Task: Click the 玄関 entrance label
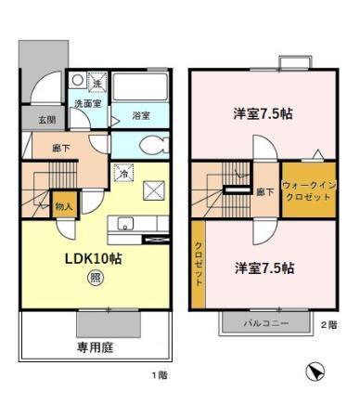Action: [46, 120]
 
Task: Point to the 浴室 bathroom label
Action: [141, 115]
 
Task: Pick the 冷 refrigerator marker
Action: [122, 173]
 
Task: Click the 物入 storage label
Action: [63, 206]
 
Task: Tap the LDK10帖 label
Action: [93, 258]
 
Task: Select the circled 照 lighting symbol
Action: [95, 277]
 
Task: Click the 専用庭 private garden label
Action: [94, 349]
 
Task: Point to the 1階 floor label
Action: [159, 375]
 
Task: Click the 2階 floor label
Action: [328, 324]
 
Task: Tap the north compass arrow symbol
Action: [315, 372]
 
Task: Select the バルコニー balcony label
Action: [266, 323]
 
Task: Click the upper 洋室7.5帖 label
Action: [263, 113]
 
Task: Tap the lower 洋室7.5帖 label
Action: [264, 268]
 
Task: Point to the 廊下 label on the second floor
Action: [264, 192]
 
